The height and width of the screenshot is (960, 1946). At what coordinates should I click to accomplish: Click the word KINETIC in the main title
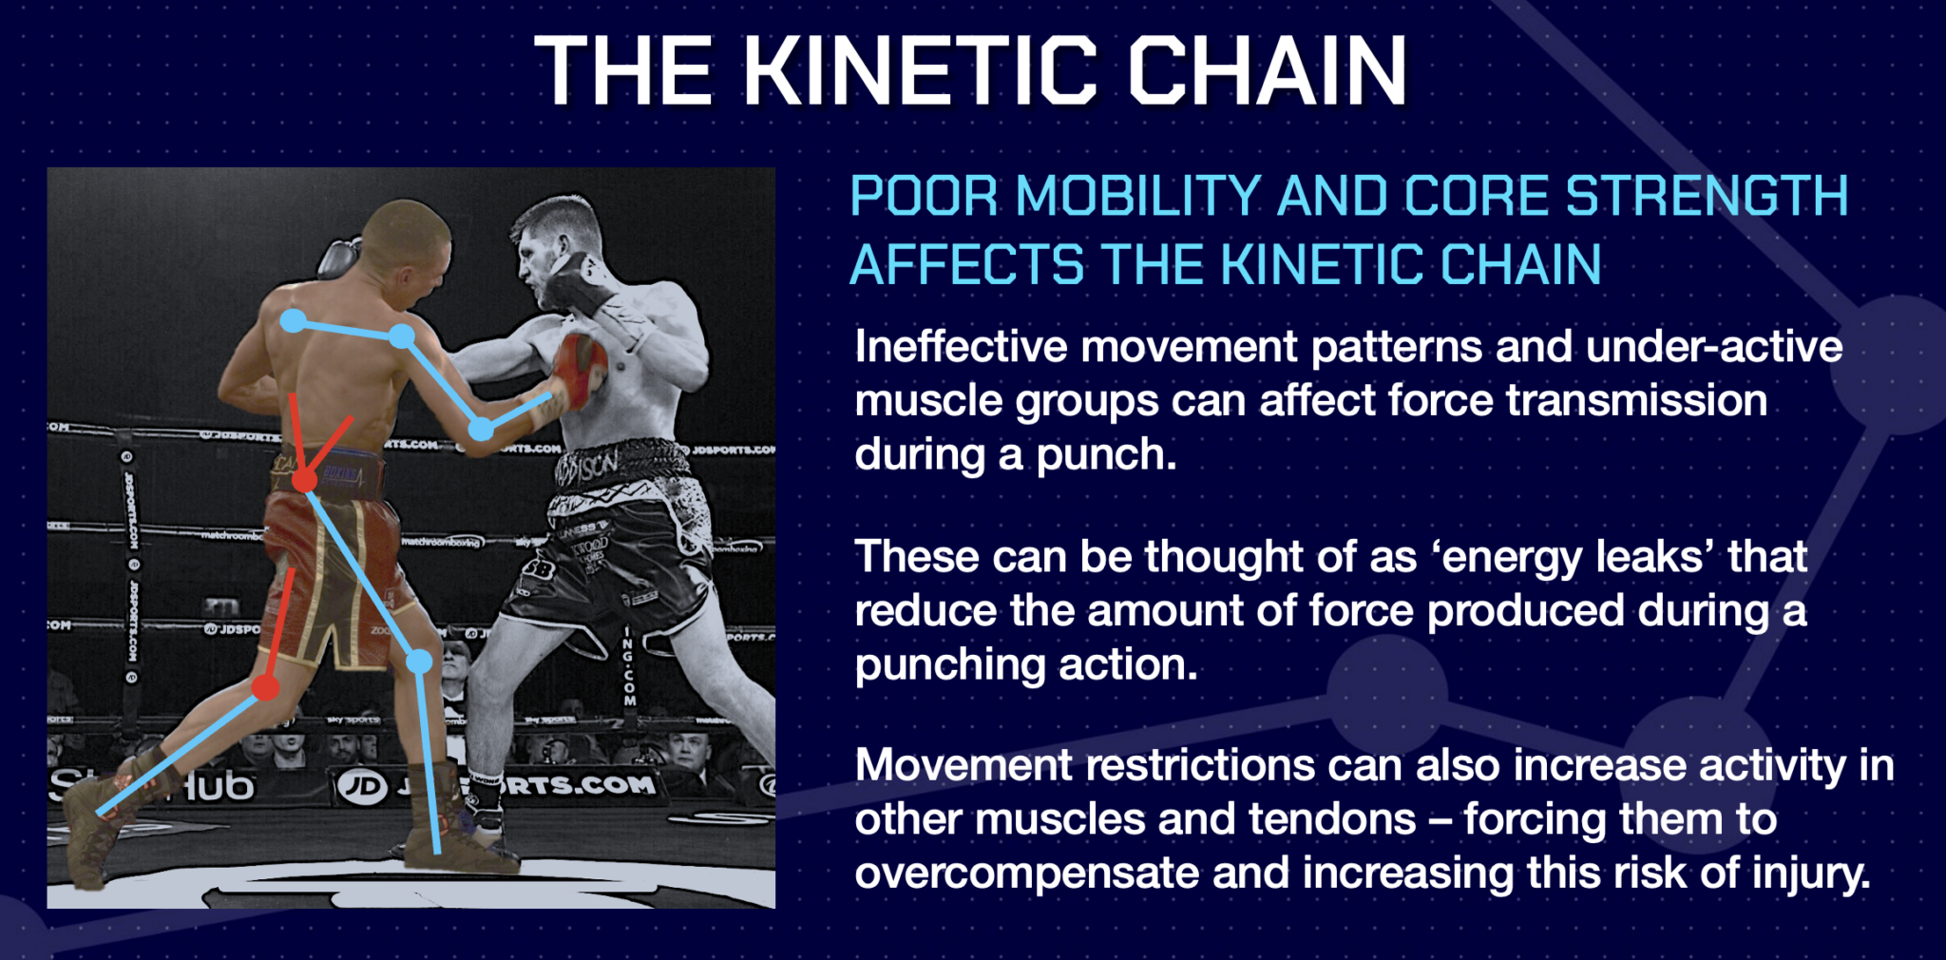(920, 71)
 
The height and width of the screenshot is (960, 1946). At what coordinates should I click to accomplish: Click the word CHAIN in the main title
(1267, 71)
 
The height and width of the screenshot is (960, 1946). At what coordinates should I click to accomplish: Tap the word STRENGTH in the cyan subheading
(1706, 197)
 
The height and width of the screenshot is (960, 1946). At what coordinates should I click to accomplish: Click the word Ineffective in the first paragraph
(961, 347)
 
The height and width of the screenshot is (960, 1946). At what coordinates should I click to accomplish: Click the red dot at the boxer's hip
(304, 481)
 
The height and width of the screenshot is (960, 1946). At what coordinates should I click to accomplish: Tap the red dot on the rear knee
(266, 687)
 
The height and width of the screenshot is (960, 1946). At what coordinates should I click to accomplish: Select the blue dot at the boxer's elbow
(482, 429)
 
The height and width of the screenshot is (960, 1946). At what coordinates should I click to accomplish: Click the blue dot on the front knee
(419, 662)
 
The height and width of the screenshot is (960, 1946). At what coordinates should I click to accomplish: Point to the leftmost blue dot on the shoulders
(294, 321)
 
